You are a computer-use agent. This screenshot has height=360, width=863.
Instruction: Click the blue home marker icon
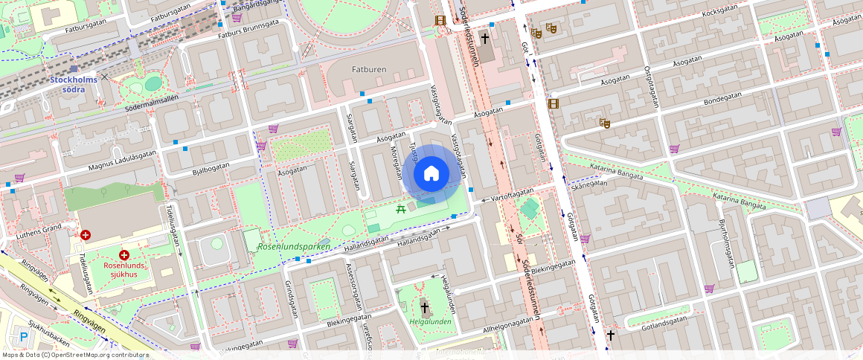[x=431, y=174]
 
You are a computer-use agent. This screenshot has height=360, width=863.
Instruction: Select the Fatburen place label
[x=368, y=69]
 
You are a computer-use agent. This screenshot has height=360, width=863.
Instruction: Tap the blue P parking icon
[x=24, y=337]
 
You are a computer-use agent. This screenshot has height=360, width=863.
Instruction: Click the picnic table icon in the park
[x=402, y=208]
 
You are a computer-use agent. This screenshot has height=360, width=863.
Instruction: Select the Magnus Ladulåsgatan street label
[x=121, y=161]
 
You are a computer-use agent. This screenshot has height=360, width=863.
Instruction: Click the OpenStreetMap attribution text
[x=75, y=355]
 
